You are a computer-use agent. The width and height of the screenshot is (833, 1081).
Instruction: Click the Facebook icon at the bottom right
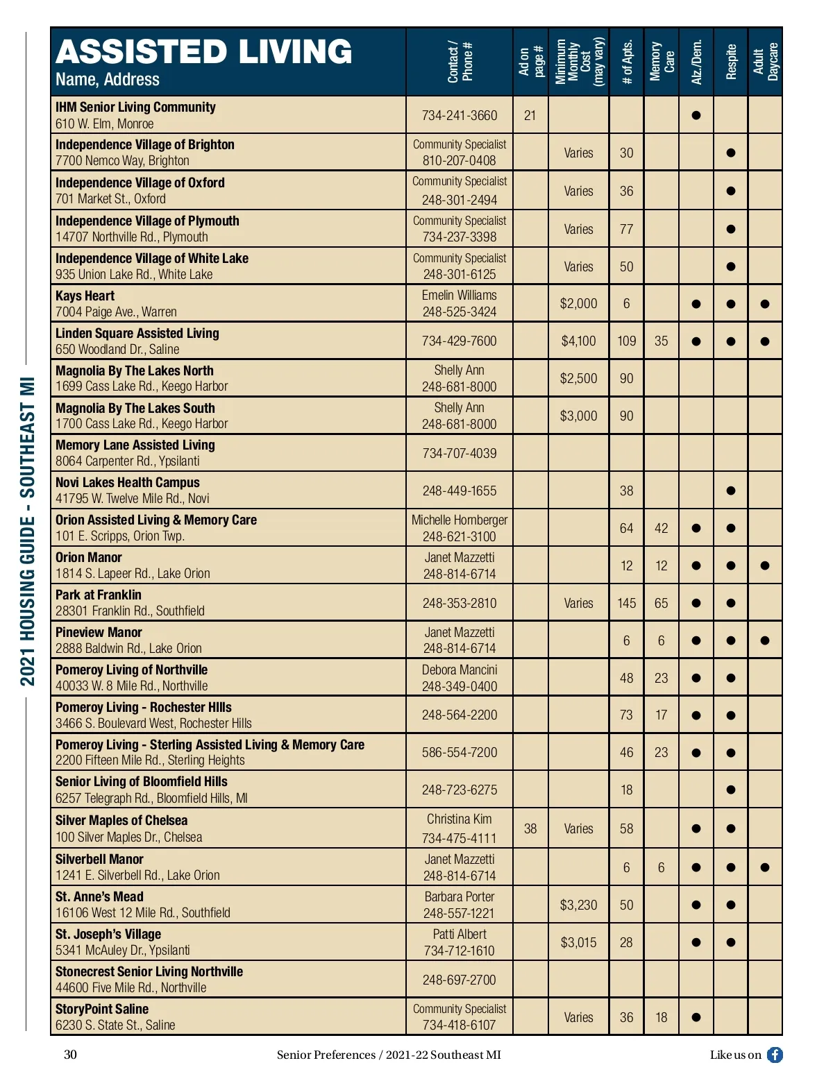[775, 1055]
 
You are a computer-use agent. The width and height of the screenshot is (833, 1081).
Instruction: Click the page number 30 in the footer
[70, 1055]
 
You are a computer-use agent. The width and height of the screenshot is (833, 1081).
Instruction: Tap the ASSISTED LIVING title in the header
[204, 51]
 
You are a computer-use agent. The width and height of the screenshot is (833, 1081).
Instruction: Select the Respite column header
[731, 62]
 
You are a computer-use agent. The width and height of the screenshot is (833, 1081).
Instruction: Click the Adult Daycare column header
[766, 62]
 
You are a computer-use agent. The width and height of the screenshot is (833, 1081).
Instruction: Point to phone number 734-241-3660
[460, 115]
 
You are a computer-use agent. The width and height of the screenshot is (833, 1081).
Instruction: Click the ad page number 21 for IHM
[530, 115]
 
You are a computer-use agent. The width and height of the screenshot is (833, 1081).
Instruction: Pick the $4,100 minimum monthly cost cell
[578, 341]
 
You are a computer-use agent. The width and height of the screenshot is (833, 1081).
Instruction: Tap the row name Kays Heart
[85, 296]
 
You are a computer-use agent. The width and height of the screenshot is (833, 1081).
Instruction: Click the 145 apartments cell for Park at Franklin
[626, 603]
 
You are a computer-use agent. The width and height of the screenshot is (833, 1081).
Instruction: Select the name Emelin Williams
[460, 296]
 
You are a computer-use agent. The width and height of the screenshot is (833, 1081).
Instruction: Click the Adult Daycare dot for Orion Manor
[765, 565]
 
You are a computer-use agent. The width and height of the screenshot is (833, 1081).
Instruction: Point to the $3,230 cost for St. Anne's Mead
[578, 905]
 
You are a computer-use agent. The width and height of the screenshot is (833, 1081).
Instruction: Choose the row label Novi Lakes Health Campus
[128, 482]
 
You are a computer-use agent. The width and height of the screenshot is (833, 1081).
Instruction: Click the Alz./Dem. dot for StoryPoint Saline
[696, 1017]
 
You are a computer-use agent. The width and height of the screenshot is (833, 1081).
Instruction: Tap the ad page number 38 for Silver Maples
[530, 828]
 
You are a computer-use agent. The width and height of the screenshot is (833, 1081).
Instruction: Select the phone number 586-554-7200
[460, 752]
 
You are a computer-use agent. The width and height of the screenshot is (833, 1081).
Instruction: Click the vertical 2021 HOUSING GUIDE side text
[28, 531]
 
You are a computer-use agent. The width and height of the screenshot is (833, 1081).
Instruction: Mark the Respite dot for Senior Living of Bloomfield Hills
[730, 790]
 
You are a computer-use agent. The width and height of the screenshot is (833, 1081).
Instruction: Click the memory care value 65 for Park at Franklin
[661, 603]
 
